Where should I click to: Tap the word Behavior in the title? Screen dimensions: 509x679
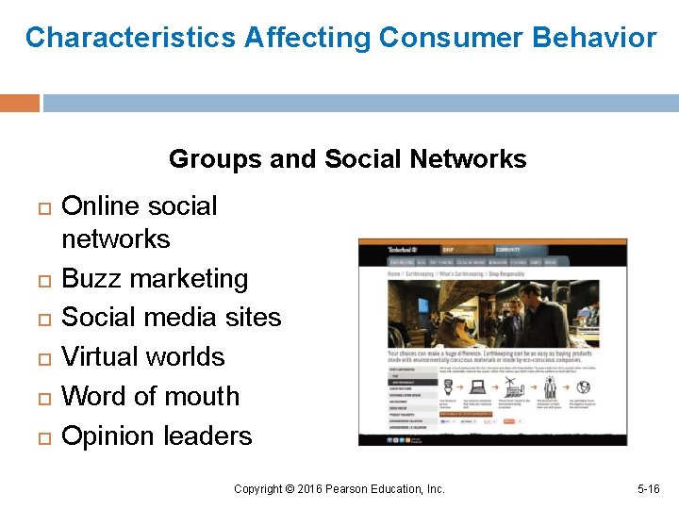pyautogui.click(x=593, y=38)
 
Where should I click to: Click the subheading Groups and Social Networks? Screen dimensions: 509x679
pyautogui.click(x=347, y=159)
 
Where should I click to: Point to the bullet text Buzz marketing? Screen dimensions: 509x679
pyautogui.click(x=155, y=279)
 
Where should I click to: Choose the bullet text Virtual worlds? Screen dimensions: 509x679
pyautogui.click(x=143, y=357)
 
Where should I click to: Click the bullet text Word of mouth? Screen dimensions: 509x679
pyautogui.click(x=151, y=397)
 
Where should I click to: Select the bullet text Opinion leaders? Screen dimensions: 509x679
pyautogui.click(x=157, y=436)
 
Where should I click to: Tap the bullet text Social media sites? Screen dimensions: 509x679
pyautogui.click(x=171, y=318)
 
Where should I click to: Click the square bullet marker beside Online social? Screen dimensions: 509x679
pyautogui.click(x=39, y=206)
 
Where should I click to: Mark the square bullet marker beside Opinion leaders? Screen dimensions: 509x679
pyautogui.click(x=39, y=437)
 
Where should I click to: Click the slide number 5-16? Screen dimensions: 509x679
pyautogui.click(x=649, y=489)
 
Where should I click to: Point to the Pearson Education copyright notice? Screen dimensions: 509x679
pyautogui.click(x=339, y=489)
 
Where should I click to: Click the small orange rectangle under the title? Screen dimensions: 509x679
pyautogui.click(x=20, y=103)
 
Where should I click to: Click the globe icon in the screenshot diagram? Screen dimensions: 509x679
pyautogui.click(x=584, y=386)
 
